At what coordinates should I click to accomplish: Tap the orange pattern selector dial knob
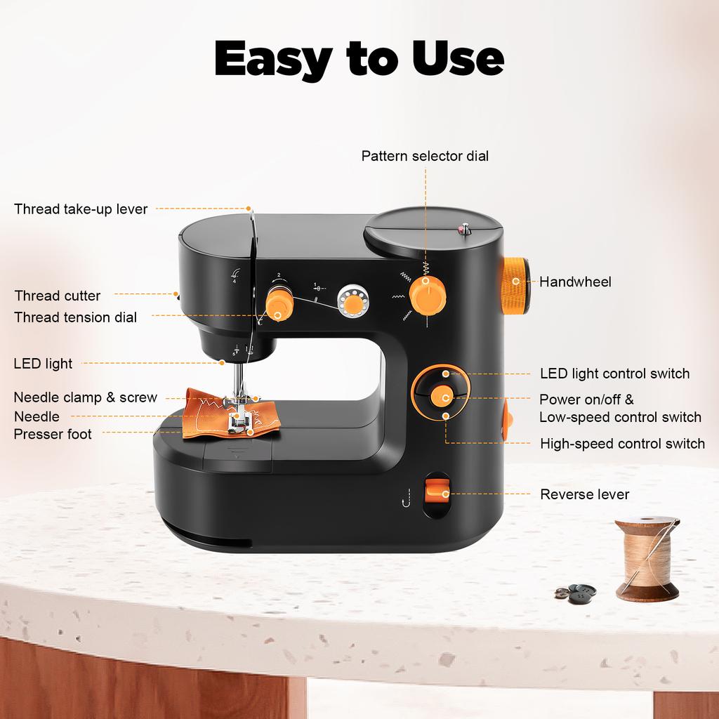(427, 293)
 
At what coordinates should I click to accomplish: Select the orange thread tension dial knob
(279, 306)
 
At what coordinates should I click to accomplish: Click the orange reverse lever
(437, 492)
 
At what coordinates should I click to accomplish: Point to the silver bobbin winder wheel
(350, 301)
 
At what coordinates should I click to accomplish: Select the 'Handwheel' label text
(575, 282)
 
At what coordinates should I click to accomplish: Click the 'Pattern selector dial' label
(425, 156)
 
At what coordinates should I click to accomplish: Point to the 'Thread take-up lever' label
(81, 209)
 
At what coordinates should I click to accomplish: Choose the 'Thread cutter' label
(58, 296)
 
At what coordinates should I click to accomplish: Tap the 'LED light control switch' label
(614, 374)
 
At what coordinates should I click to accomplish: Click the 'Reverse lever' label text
(584, 494)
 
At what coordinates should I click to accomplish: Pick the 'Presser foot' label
(53, 434)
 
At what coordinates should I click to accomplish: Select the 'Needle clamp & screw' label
(86, 397)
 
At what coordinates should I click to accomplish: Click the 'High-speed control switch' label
(622, 444)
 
